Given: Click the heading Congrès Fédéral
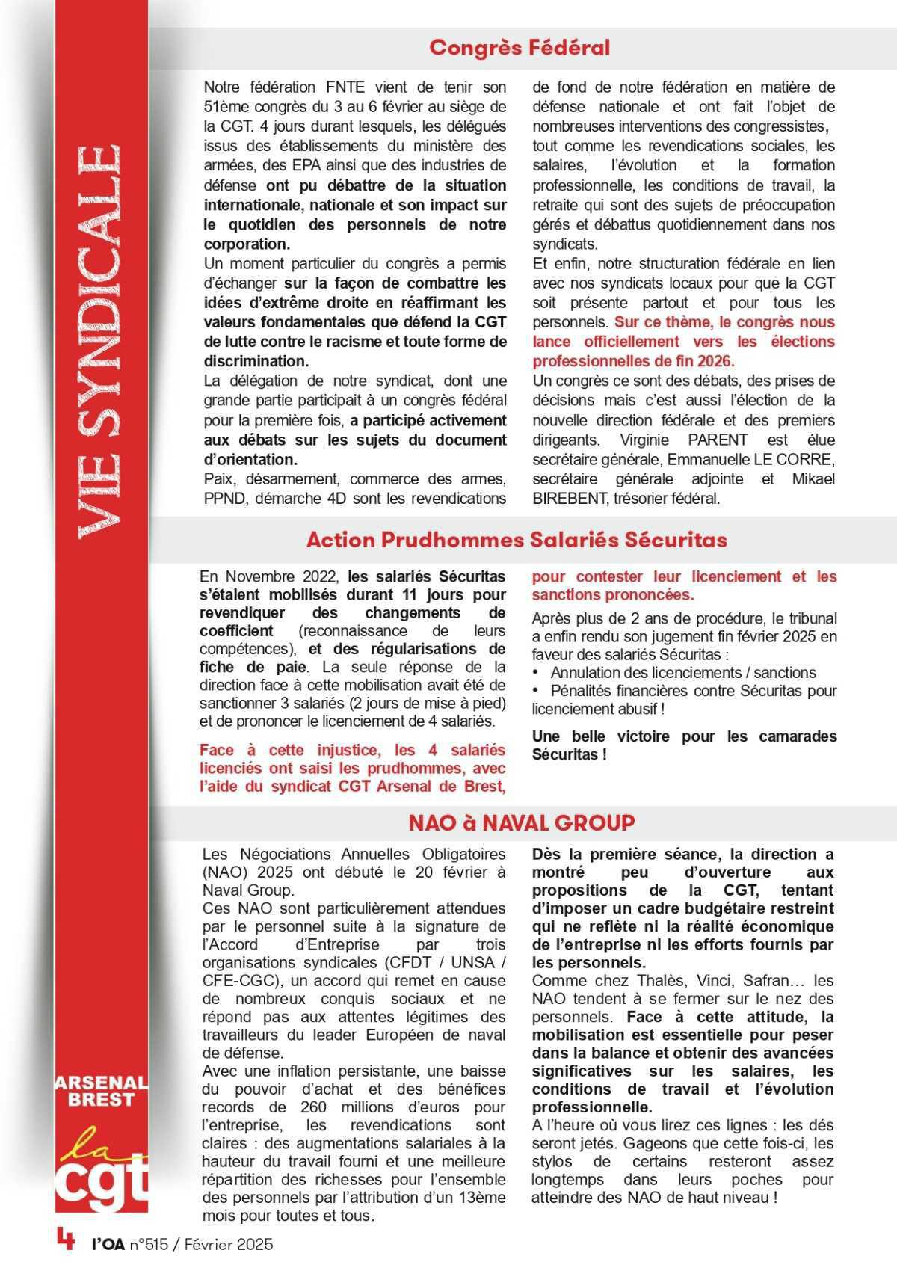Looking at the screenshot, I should [519, 48].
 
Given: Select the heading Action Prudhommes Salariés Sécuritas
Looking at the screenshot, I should [517, 540].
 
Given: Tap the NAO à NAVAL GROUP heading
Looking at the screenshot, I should [521, 822].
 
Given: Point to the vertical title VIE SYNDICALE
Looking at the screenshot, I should [98, 340].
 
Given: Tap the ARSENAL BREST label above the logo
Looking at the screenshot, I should [101, 1091].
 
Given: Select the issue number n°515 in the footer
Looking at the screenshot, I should [149, 1245].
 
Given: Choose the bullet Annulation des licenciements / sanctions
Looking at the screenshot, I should [683, 673].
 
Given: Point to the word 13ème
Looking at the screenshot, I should [481, 1198].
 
